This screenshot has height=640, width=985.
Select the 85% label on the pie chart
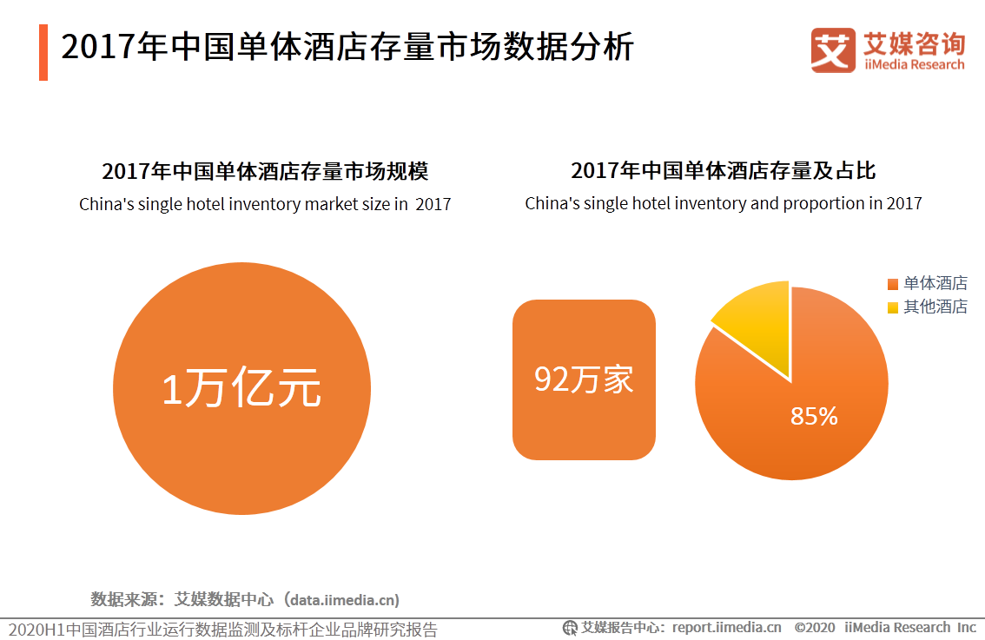point(814,416)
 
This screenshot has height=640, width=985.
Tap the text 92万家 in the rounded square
point(584,379)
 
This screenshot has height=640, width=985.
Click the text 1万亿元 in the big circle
point(241,388)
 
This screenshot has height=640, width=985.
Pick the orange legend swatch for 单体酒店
point(893,284)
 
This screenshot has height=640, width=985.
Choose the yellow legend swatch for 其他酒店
point(893,307)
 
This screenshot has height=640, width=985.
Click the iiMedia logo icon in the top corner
point(833,49)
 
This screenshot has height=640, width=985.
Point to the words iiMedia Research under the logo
point(914,64)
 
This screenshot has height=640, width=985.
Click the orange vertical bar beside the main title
point(43,52)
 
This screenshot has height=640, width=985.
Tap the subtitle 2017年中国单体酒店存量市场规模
point(265,171)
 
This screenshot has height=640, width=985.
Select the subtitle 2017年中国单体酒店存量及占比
point(723,170)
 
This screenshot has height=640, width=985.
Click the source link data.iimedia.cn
point(344,600)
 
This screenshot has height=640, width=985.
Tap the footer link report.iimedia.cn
point(727,628)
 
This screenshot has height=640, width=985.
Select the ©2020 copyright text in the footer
point(815,628)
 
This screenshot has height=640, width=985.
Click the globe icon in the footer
point(570,628)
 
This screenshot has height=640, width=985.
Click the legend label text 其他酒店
point(935,307)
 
